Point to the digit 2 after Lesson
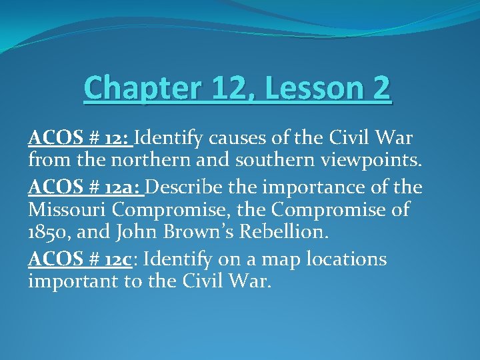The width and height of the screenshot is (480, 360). click(x=381, y=89)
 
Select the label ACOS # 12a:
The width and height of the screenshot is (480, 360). click(x=86, y=186)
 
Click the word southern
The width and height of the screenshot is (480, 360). click(x=267, y=161)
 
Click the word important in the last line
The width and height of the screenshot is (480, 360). click(x=75, y=282)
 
